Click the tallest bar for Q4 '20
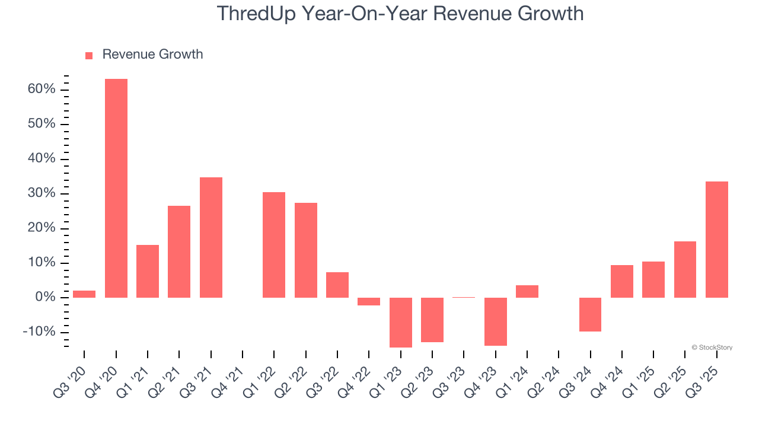[116, 188]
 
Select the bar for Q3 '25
[716, 239]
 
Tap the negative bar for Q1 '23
[400, 322]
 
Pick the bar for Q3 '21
[211, 237]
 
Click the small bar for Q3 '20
[84, 294]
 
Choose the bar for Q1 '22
[274, 244]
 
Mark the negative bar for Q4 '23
[495, 321]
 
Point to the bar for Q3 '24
[590, 314]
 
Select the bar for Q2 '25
[685, 269]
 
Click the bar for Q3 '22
[337, 285]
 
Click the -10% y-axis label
[39, 332]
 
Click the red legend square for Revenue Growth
[89, 55]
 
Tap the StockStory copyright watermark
[712, 348]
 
